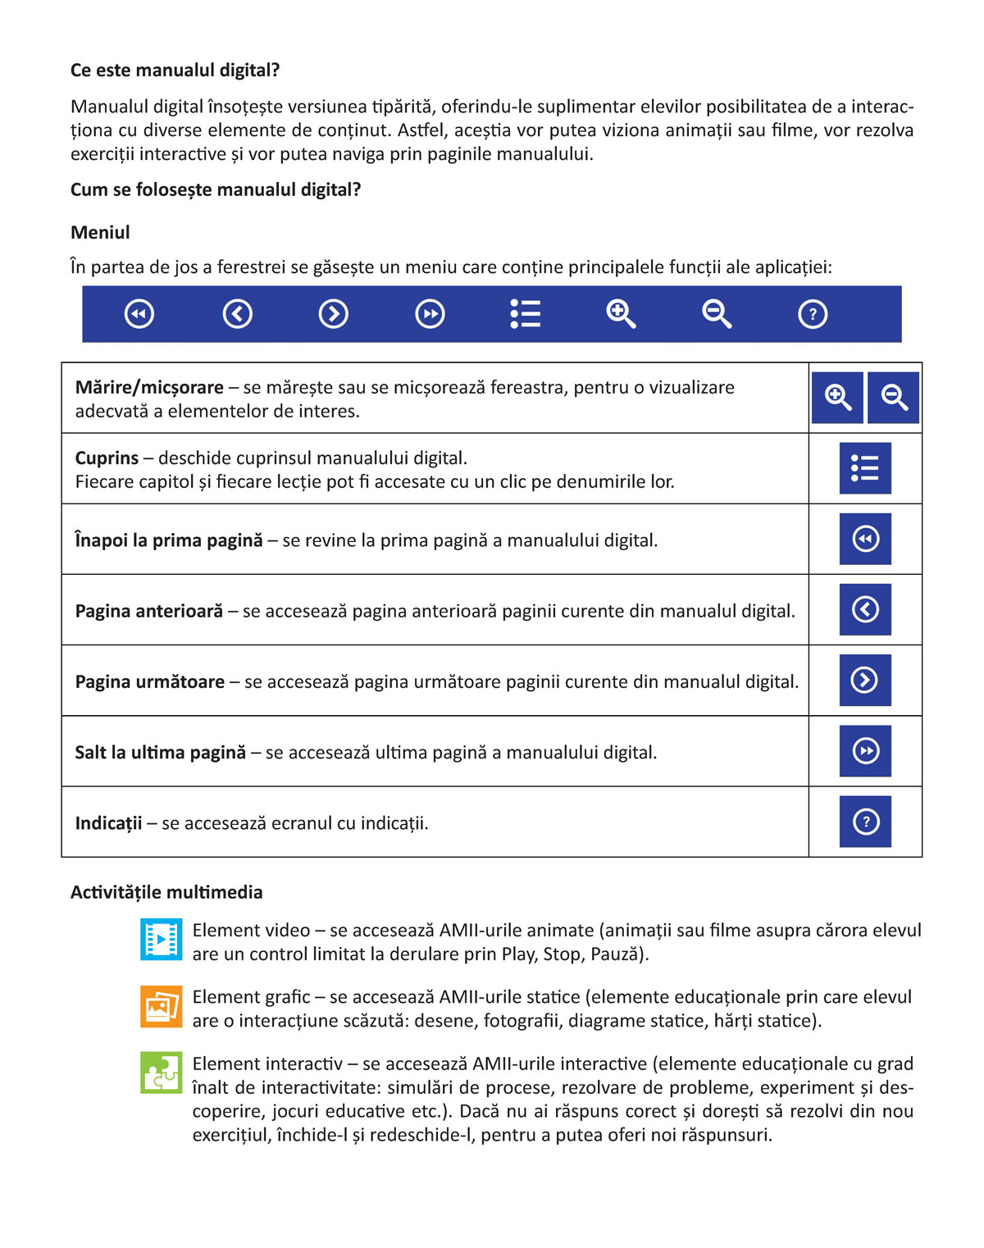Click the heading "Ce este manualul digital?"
pyautogui.click(x=175, y=71)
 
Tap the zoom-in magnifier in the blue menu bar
pyautogui.click(x=621, y=314)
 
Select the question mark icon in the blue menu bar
pyautogui.click(x=813, y=314)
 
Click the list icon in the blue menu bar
pyautogui.click(x=525, y=314)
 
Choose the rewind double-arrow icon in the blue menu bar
pyautogui.click(x=139, y=314)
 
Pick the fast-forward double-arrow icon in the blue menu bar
pyautogui.click(x=430, y=314)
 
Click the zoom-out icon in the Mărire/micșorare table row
pyautogui.click(x=893, y=398)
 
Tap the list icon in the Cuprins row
pyautogui.click(x=865, y=468)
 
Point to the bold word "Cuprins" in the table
pyautogui.click(x=107, y=458)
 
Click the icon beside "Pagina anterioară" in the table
pyautogui.click(x=865, y=609)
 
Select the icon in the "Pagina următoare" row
pyautogui.click(x=865, y=680)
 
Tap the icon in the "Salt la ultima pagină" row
pyautogui.click(x=865, y=750)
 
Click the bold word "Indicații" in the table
pyautogui.click(x=108, y=822)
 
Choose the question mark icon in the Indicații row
pyautogui.click(x=865, y=821)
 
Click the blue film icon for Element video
pyautogui.click(x=162, y=940)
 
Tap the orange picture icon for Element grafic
pyautogui.click(x=162, y=1006)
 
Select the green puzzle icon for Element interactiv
pyautogui.click(x=162, y=1073)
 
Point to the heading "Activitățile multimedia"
pyautogui.click(x=166, y=892)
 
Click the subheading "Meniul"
pyautogui.click(x=100, y=232)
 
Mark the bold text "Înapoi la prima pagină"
pyautogui.click(x=169, y=540)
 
